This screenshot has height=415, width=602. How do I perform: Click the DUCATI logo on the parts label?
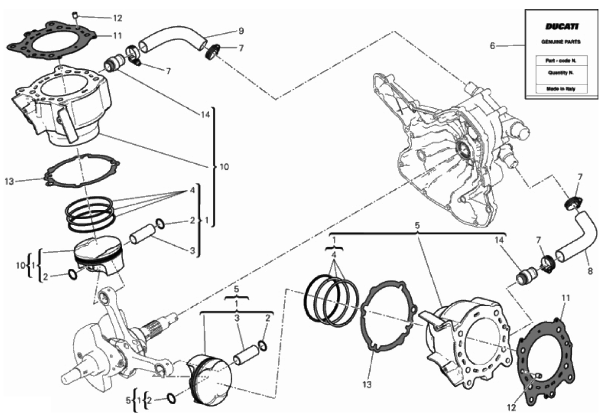coord(561,27)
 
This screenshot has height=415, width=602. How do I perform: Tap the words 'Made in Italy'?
coord(561,89)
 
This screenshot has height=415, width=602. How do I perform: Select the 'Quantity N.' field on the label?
coord(561,72)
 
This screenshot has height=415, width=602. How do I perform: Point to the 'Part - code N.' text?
coord(561,61)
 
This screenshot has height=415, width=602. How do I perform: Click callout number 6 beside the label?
coord(493,46)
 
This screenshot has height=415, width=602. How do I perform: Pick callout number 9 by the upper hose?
coord(240,31)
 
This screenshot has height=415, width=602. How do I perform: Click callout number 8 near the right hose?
coord(590,271)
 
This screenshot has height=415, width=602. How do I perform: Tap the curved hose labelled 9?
coord(173,39)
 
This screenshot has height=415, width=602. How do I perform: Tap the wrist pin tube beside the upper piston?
coord(142,234)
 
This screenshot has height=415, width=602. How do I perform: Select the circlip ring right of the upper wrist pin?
coord(161,224)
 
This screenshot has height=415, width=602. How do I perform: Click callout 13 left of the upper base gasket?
coord(9,181)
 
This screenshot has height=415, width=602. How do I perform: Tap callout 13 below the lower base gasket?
coord(367,384)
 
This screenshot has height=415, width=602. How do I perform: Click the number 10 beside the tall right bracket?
coord(224,167)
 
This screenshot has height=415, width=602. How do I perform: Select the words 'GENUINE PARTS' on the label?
coord(561,42)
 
